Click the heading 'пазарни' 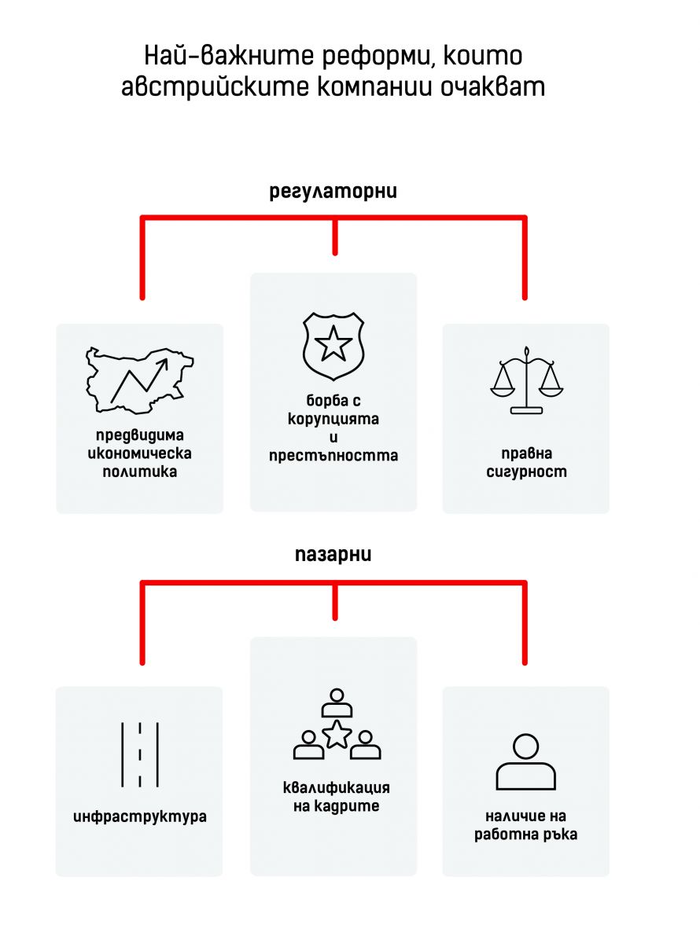point(333,555)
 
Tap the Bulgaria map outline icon point(139,380)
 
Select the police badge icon point(333,346)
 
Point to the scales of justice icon point(526,380)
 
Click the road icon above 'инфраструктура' point(140,754)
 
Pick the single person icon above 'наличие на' point(526,762)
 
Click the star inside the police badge point(333,343)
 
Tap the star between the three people point(337,734)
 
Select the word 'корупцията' point(333,419)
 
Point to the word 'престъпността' point(333,456)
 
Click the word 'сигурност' point(526,472)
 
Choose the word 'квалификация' point(336,787)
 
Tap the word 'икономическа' point(139,453)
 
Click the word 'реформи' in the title point(378,56)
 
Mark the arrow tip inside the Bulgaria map point(168,360)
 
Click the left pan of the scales point(503,391)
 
